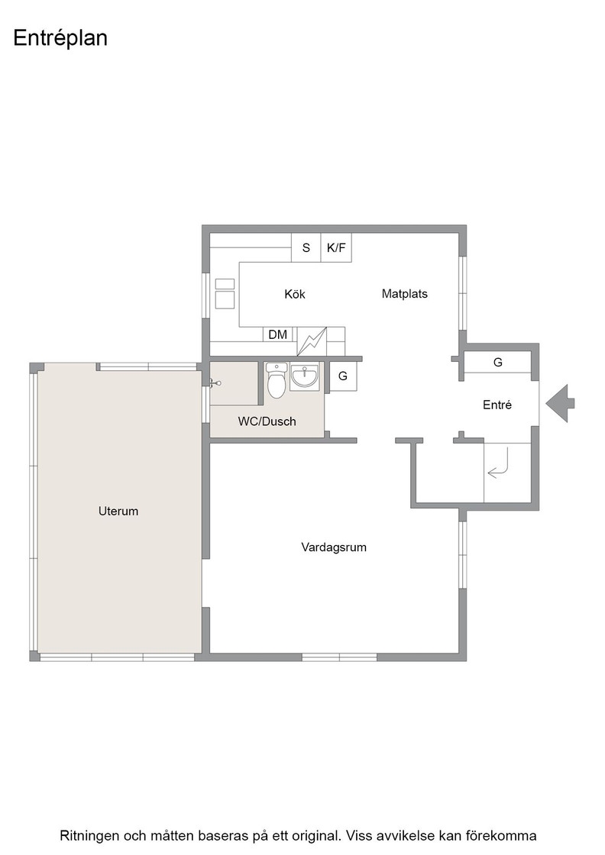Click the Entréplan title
pyautogui.click(x=60, y=39)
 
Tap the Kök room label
pyautogui.click(x=295, y=295)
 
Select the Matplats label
pyautogui.click(x=404, y=294)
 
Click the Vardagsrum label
pyautogui.click(x=334, y=547)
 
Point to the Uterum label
pyautogui.click(x=118, y=511)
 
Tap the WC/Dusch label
pyautogui.click(x=267, y=421)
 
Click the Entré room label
pyautogui.click(x=497, y=405)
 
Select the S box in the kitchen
pyautogui.click(x=306, y=247)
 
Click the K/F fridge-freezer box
pyautogui.click(x=336, y=247)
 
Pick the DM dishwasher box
pyautogui.click(x=278, y=334)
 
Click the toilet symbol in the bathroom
pyautogui.click(x=277, y=381)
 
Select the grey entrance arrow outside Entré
pyautogui.click(x=560, y=404)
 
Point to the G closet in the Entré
pyautogui.click(x=497, y=362)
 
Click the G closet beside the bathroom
pyautogui.click(x=343, y=376)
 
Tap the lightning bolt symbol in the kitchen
pyautogui.click(x=312, y=341)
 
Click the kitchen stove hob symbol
pyautogui.click(x=225, y=294)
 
